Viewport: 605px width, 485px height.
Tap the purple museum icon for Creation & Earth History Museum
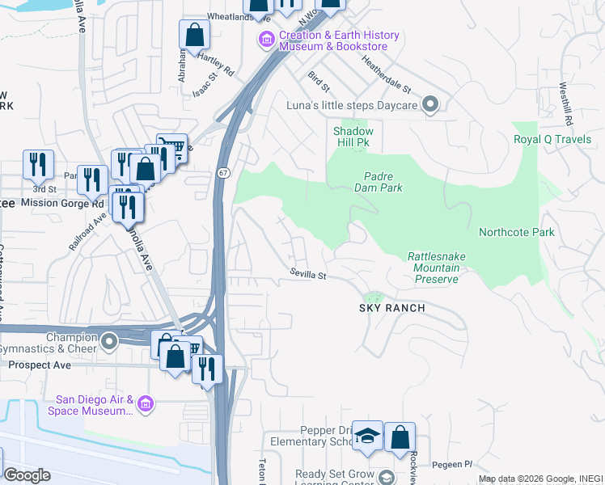click(x=266, y=40)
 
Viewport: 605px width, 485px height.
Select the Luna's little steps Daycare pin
click(x=431, y=105)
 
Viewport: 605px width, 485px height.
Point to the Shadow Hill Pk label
click(x=353, y=137)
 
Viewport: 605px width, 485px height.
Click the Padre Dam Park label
click(x=378, y=182)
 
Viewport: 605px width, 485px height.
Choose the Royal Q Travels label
click(x=552, y=139)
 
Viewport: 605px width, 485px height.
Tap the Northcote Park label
click(x=516, y=232)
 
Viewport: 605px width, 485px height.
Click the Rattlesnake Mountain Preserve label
click(x=437, y=268)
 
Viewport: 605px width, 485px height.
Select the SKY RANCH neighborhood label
click(x=392, y=309)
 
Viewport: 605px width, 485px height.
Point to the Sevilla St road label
click(x=308, y=276)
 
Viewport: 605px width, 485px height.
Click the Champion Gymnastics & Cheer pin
click(x=109, y=343)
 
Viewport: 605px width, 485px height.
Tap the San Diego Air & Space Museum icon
click(x=146, y=403)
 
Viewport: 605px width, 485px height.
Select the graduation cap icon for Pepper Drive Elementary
click(x=368, y=436)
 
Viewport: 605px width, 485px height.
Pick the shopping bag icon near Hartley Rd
click(x=194, y=35)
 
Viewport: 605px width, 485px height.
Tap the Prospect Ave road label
click(x=40, y=365)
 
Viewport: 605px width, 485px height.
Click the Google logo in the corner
click(x=27, y=475)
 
